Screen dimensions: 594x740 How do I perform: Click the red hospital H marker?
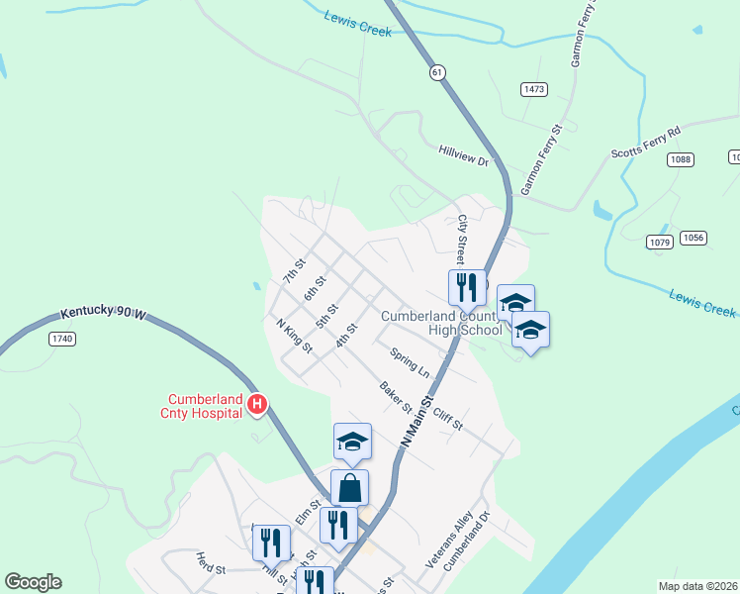click(257, 404)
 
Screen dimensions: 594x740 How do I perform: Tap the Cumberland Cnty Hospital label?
click(205, 406)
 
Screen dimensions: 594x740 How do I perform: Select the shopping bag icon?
click(350, 487)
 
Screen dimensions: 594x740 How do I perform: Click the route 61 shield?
click(437, 71)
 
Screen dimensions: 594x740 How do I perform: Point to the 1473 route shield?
click(534, 89)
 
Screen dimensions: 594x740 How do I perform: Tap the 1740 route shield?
click(62, 339)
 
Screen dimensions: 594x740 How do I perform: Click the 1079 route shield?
click(660, 243)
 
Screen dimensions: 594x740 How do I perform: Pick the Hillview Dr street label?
click(464, 154)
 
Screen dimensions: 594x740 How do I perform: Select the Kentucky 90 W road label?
click(103, 313)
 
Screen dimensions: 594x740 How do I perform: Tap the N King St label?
click(294, 336)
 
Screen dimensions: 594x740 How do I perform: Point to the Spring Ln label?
click(410, 362)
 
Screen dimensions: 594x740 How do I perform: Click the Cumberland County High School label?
click(441, 323)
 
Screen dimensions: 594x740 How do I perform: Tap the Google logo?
click(33, 582)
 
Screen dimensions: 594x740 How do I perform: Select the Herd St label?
click(211, 563)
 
